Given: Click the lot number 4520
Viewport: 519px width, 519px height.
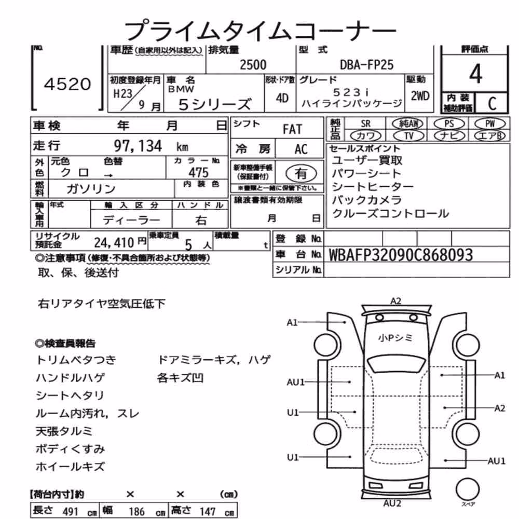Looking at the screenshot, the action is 67,84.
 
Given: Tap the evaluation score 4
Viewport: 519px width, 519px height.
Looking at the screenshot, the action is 475,74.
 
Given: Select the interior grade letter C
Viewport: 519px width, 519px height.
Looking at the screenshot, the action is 492,104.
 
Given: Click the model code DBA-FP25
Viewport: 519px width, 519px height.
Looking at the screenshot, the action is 367,65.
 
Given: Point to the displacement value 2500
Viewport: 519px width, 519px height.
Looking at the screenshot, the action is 253,65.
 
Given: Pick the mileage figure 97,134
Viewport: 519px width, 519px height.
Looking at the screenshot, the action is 138,146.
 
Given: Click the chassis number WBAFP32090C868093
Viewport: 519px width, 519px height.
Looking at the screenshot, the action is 401,255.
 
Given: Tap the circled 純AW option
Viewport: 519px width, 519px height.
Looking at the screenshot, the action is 407,124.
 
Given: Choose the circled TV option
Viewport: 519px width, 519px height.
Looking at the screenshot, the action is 409,135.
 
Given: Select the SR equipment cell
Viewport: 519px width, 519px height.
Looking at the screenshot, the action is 365,124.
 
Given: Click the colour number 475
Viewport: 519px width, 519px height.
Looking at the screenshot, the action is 199,172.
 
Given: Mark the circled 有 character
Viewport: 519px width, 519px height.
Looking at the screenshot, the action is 301,173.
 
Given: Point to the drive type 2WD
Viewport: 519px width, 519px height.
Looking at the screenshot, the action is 420,96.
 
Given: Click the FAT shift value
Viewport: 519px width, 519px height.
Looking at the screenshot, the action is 292,129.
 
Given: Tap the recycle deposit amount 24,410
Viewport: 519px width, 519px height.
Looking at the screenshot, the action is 114,243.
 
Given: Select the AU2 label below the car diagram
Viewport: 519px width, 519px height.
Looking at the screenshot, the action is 392,503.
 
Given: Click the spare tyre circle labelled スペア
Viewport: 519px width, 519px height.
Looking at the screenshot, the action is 468,489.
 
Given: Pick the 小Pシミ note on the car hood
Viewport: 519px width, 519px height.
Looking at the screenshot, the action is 395,338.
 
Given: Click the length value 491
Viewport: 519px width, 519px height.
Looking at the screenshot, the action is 70,511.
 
